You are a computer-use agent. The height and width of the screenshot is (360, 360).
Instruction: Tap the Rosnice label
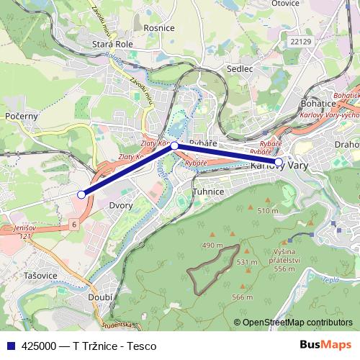[159, 28]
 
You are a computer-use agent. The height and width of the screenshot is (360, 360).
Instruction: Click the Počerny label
[21, 115]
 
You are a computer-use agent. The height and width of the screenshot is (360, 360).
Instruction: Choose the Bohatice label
[316, 103]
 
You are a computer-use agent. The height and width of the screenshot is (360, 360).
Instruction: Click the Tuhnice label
[209, 192]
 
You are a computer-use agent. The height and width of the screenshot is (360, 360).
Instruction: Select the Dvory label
[120, 206]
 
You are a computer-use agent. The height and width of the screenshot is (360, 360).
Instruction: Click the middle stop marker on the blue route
[174, 145]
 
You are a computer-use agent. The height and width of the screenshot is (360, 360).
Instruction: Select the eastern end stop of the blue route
[279, 161]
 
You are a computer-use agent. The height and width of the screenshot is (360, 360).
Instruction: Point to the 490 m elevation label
[213, 246]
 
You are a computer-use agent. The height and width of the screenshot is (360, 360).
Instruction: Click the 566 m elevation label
[243, 297]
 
